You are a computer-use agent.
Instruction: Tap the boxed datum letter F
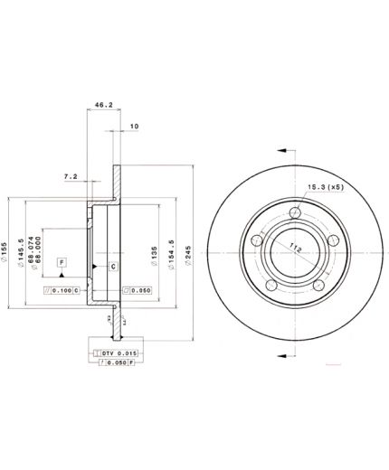tap(62, 262)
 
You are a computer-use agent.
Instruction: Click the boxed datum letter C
tap(114, 267)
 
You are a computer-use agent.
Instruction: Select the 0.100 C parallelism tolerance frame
tap(63, 290)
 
